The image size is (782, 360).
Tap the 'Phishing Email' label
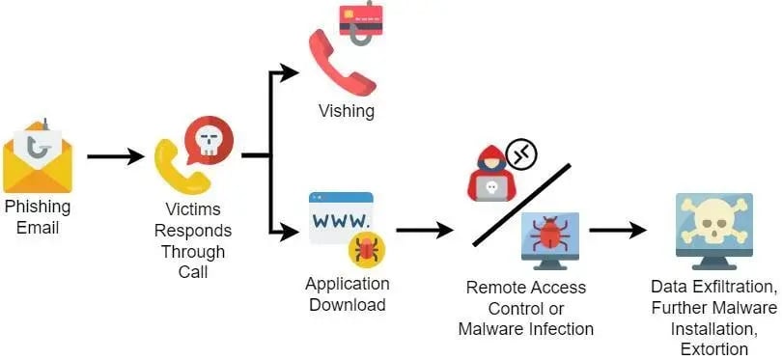coord(38,217)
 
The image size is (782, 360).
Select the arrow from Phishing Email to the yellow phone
coord(115,156)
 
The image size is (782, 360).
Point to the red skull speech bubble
coord(209,139)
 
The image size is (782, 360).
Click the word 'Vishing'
coord(346,111)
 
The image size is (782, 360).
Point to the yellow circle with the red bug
coord(367,250)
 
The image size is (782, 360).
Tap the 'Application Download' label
coord(348,294)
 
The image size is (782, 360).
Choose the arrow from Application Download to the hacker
coord(424,230)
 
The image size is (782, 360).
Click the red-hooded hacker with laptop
coord(491,174)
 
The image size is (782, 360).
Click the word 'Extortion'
coord(713,348)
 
